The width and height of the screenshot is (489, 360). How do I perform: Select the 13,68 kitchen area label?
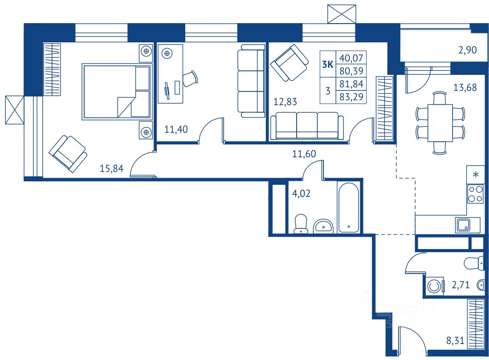464,87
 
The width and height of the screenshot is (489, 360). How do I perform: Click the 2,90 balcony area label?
468,50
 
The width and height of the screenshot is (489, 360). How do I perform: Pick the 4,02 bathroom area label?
301,194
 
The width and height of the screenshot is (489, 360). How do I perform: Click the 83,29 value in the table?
351,97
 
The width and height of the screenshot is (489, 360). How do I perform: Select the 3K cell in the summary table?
328,64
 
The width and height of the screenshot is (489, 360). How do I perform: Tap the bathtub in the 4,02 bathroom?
348,207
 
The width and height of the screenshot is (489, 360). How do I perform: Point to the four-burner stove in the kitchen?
475,194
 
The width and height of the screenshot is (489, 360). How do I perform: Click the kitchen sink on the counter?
462,225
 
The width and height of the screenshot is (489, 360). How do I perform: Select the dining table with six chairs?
440,123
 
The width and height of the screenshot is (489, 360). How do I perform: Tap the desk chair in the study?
189,78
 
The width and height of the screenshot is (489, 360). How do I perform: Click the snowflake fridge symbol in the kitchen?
475,174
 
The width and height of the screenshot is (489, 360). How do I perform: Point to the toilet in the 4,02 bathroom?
302,224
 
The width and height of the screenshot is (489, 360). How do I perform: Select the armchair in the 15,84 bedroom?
68,153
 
